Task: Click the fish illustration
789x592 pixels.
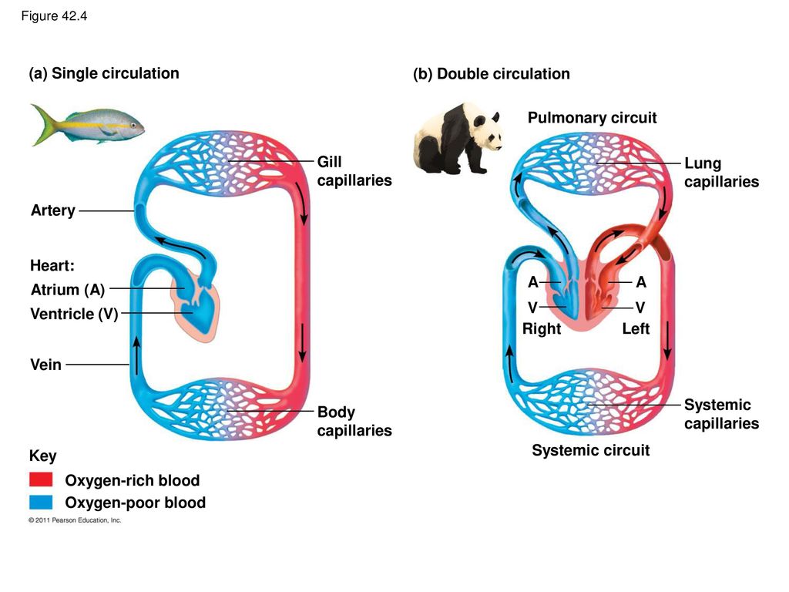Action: point(88,124)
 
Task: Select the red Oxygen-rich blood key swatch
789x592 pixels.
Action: point(41,479)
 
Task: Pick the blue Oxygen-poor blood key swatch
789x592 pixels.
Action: point(41,503)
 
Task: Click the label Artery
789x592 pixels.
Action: point(53,210)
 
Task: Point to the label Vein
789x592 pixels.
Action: point(45,365)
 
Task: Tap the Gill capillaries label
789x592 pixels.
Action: point(354,171)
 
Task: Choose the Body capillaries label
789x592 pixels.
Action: point(354,422)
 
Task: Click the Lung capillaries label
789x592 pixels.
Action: point(721,173)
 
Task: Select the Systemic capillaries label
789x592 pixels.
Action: point(721,414)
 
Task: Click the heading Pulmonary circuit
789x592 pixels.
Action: point(593,118)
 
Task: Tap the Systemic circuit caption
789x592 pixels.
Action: point(591,450)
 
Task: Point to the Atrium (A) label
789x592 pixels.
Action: point(68,290)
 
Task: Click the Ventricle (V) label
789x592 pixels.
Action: point(74,314)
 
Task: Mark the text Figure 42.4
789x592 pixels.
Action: point(54,16)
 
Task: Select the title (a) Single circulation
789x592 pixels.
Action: point(104,73)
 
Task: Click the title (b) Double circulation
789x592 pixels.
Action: point(492,74)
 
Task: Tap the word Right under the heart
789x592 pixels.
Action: point(542,328)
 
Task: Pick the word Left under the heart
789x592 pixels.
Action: point(636,328)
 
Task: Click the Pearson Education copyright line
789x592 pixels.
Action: point(75,520)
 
